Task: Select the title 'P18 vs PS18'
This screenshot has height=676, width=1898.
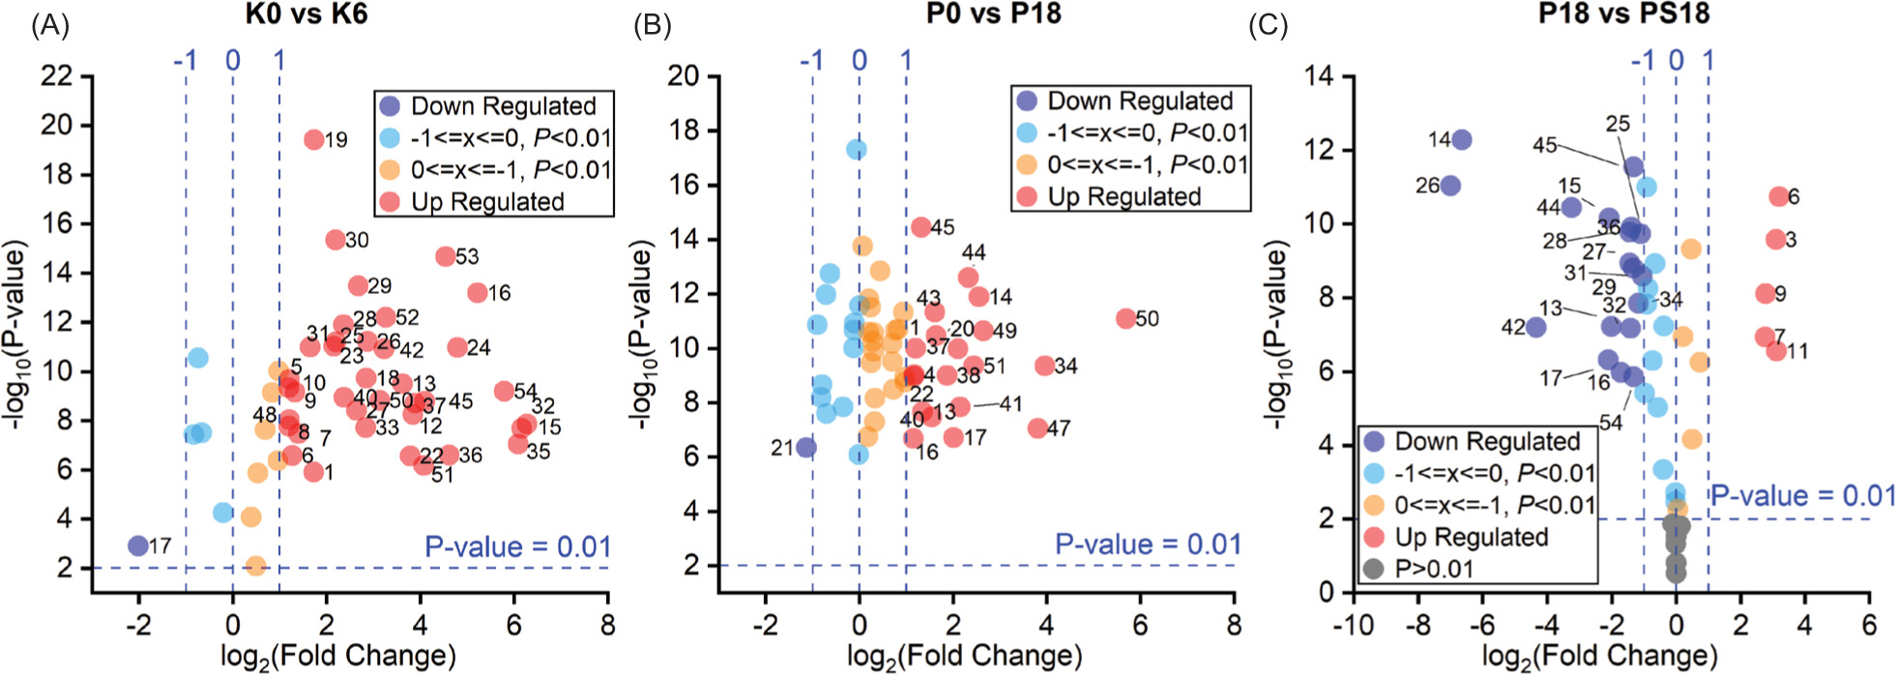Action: coord(1623,15)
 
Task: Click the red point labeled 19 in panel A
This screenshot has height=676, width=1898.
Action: coord(313,139)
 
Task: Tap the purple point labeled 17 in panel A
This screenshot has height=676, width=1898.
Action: coord(138,545)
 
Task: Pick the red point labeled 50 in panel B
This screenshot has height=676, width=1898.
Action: coord(1125,318)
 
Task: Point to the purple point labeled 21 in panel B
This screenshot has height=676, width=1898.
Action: coord(805,448)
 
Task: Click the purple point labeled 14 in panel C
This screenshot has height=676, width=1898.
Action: coord(1461,140)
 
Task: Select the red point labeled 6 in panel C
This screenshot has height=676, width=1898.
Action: coord(1777,196)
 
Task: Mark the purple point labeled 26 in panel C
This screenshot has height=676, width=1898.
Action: coord(1450,185)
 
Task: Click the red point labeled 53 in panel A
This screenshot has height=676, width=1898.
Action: coord(445,256)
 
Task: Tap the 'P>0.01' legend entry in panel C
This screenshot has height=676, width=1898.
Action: coord(1434,569)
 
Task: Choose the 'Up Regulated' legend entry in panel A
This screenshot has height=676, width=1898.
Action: coord(487,201)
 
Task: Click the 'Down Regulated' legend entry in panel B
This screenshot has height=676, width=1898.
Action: coord(1140,101)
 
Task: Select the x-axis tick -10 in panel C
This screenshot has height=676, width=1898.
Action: coord(1353,625)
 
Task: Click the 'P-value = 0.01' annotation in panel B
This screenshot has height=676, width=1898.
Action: coord(1147,544)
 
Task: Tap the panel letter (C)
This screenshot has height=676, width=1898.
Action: coord(1268,25)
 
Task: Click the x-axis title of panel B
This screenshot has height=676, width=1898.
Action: coord(964,656)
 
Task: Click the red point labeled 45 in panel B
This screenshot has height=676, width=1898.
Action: coord(920,227)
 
